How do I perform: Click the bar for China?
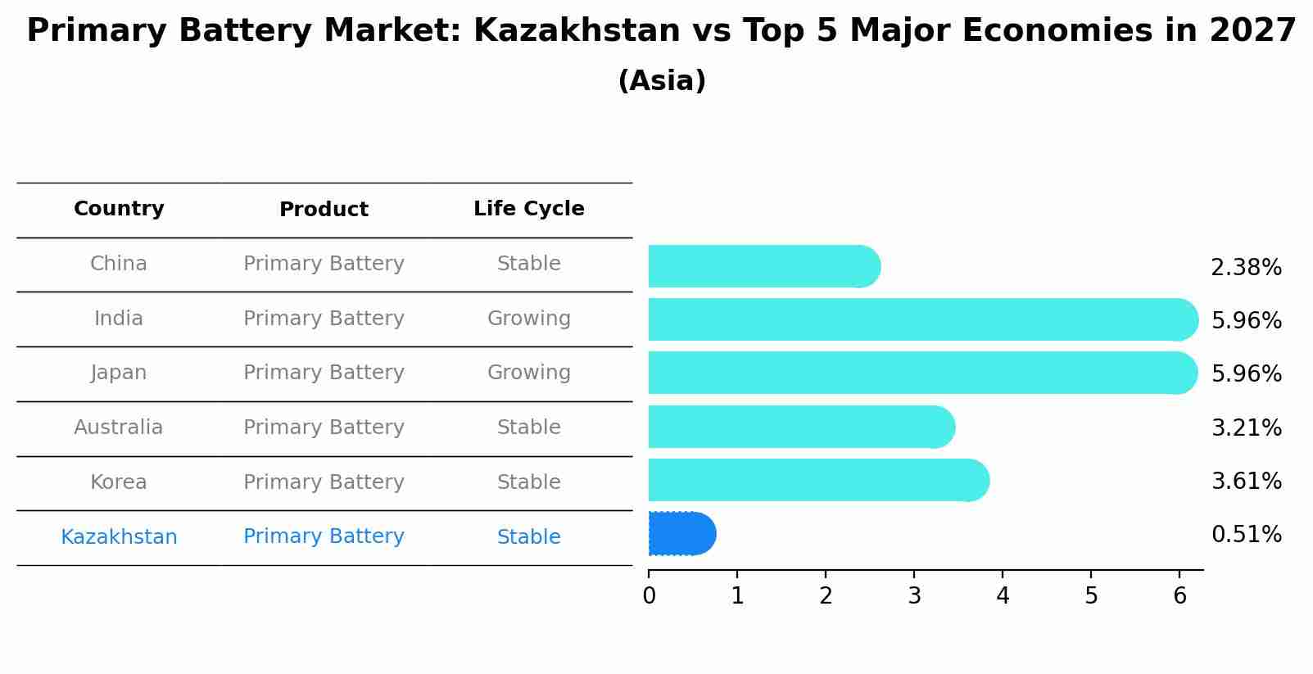[x=762, y=266]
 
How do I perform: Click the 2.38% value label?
[x=1246, y=268]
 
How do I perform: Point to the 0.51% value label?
[x=1246, y=535]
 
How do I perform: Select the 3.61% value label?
[x=1246, y=481]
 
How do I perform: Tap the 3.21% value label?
[x=1246, y=427]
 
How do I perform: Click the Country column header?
[x=119, y=209]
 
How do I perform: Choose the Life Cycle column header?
[x=528, y=209]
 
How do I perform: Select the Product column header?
[x=324, y=210]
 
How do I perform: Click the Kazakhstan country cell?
[x=119, y=537]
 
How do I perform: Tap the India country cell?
[x=119, y=319]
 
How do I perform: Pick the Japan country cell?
[x=119, y=373]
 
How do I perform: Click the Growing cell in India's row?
[x=528, y=319]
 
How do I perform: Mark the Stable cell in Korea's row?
[x=528, y=482]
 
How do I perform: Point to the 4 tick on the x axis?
[x=1003, y=596]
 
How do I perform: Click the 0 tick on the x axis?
[x=649, y=596]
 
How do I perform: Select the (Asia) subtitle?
[x=662, y=81]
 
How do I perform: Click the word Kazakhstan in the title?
[x=577, y=31]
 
